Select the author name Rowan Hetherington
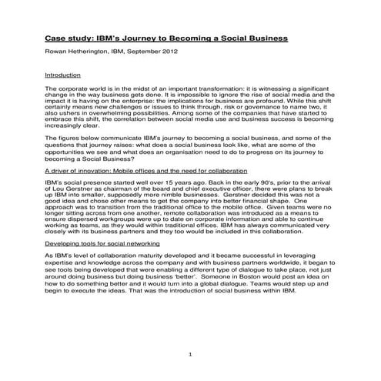[79, 52]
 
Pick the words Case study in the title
[65, 37]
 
